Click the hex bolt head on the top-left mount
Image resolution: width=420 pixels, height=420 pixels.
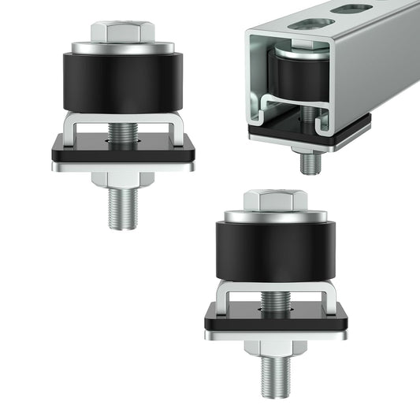tap(122, 32)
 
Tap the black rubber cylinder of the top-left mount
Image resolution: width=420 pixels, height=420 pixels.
tap(122, 82)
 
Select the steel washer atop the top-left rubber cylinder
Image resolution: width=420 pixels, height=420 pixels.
tap(122, 48)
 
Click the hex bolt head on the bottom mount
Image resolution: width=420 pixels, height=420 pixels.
tap(274, 200)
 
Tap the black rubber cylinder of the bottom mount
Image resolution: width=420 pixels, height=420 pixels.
tap(274, 252)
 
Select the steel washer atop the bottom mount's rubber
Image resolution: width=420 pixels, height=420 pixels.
tap(274, 217)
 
